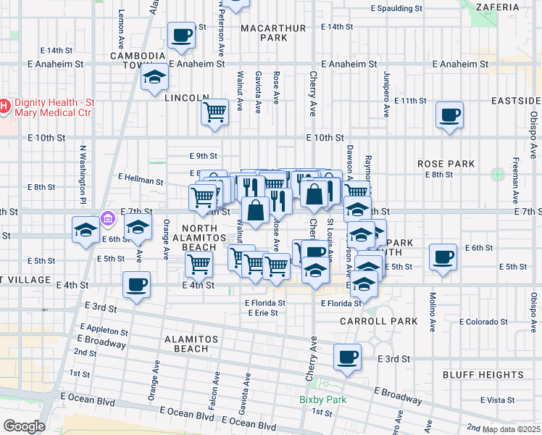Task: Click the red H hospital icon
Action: pos(4,107)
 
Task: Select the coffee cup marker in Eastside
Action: pos(450,115)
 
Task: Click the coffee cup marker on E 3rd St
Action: pos(348,357)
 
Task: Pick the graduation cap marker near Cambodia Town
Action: pos(154,79)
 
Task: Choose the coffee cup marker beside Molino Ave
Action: pos(443,257)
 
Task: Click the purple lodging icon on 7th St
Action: pos(107,217)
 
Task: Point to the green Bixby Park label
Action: pos(322,399)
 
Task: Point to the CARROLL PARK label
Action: pos(379,321)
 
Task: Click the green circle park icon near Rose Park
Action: pos(497,174)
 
